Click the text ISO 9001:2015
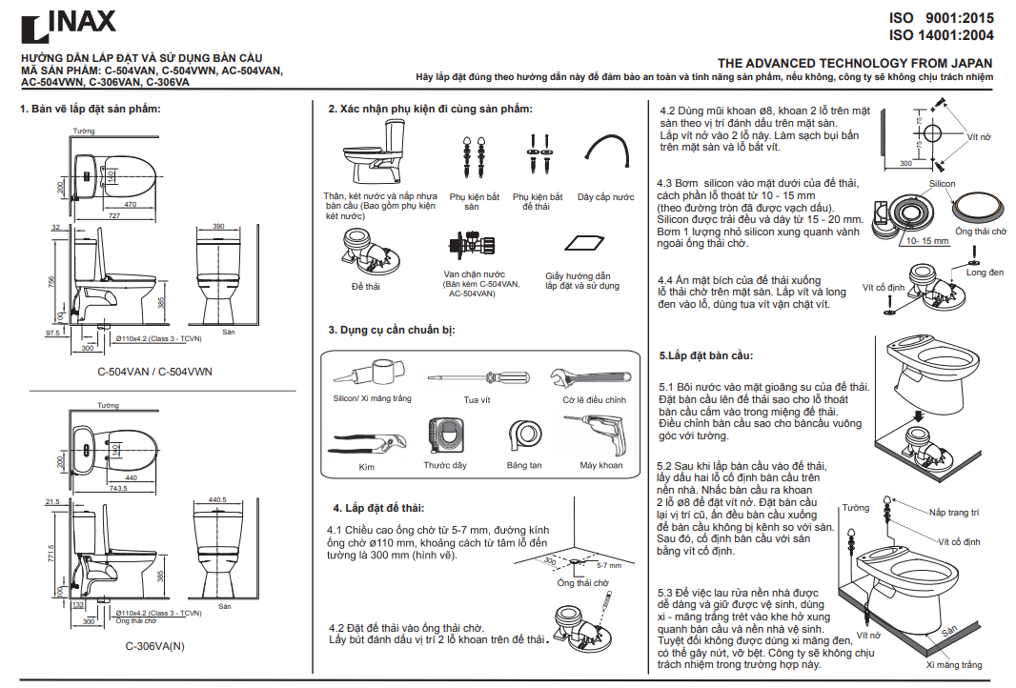point(941,18)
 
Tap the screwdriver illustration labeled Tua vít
point(477,377)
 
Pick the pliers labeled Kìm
point(367,443)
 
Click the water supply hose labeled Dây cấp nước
point(605,153)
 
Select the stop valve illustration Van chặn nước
point(472,248)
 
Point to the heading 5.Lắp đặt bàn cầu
point(706,355)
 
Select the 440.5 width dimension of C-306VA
point(216,499)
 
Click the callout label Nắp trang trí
point(954,512)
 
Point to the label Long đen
point(984,273)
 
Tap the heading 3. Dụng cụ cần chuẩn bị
point(392,330)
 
